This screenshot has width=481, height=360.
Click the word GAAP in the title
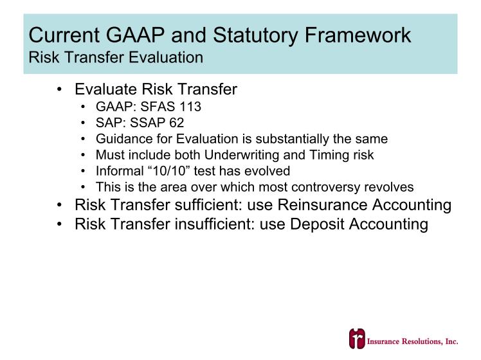pos(135,35)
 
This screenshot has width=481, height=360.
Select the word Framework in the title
pos(358,35)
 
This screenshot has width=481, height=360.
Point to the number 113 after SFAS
pos(190,107)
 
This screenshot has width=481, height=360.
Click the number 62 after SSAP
pos(176,123)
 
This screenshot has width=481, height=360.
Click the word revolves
pos(389,187)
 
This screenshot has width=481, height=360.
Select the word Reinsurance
pos(322,205)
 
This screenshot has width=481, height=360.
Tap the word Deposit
pos(317,224)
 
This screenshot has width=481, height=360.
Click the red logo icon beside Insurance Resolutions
pos(357,339)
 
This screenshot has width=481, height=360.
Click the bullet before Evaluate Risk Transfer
pos(59,89)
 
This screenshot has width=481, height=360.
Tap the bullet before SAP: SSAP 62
pos(82,123)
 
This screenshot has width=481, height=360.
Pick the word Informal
pos(120,170)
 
